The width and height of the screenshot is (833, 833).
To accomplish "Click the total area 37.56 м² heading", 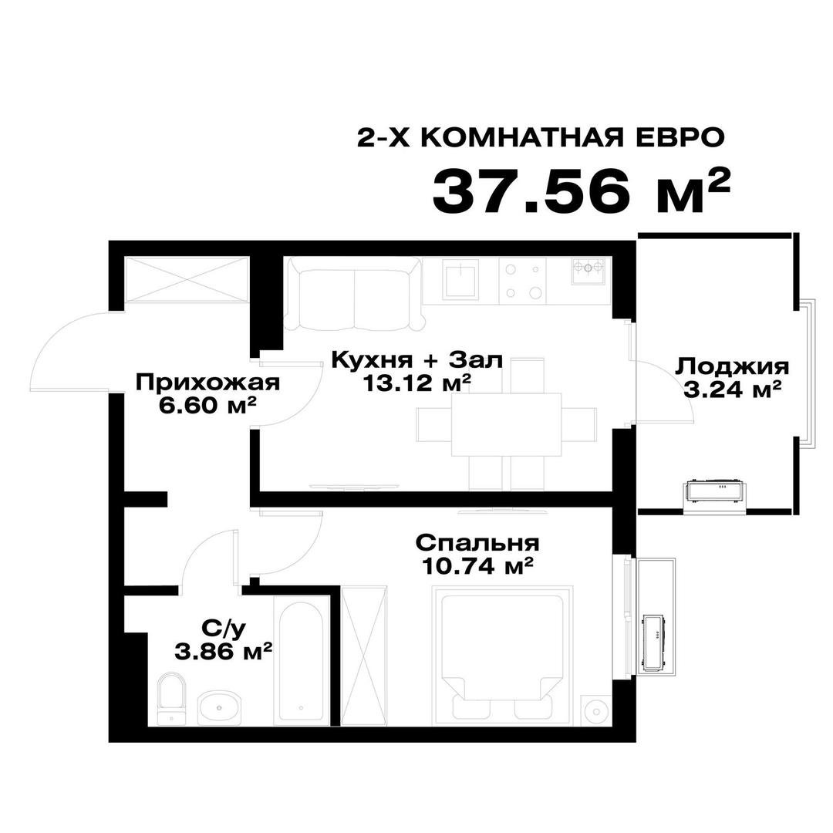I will (x=580, y=191).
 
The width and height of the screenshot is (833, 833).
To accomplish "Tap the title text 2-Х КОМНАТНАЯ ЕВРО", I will (x=541, y=137).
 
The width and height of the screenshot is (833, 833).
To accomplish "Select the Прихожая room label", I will (x=207, y=383).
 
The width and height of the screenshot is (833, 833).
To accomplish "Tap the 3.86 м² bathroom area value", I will (x=224, y=652).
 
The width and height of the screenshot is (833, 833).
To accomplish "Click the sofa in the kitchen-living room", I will (x=354, y=294).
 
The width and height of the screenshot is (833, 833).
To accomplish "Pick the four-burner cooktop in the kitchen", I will (x=523, y=279).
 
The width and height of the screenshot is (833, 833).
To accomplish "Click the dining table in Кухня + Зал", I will (x=506, y=423).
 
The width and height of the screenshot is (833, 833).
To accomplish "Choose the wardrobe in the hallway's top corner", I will (x=187, y=279).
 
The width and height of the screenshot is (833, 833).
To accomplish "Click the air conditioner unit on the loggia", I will (x=717, y=491).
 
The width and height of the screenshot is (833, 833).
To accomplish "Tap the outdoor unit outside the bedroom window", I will (x=656, y=636).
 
